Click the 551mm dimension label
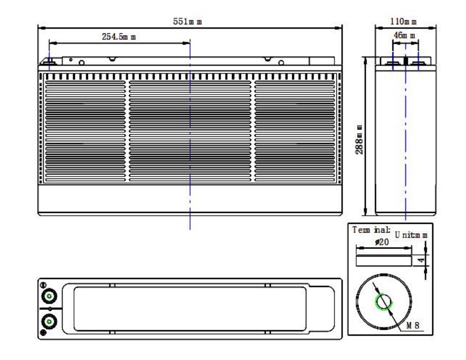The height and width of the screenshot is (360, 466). pos(187,21)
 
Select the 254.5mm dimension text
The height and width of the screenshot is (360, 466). pos(119,37)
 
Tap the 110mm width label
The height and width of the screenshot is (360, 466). pos(403,21)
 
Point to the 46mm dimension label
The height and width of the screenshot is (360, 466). pos(404,35)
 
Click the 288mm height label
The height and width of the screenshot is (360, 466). pos(359,140)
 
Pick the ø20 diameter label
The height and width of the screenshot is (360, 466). pos(382,242)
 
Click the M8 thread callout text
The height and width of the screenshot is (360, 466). pos(413,325)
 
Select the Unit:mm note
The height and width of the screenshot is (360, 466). pos(411,235)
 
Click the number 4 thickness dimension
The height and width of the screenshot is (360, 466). pos(421,261)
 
